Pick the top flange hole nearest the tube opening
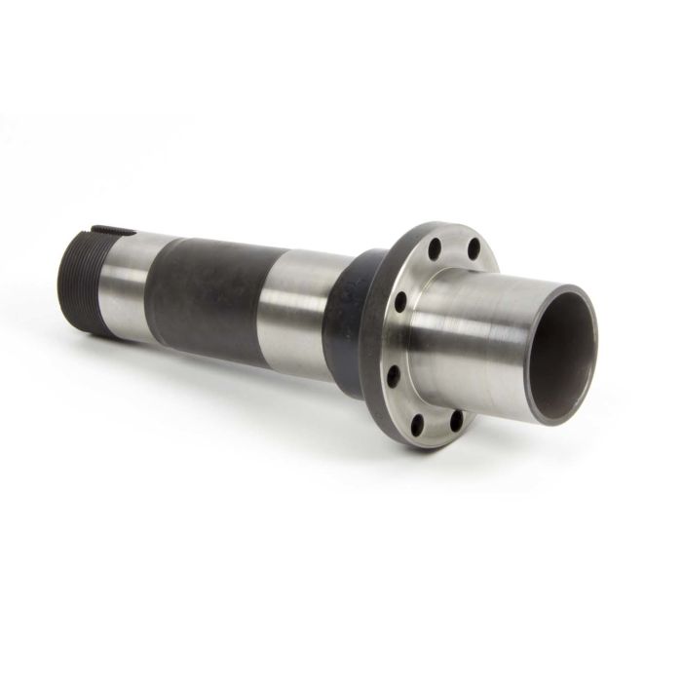click(x=474, y=250)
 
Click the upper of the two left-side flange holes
click(x=399, y=303)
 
